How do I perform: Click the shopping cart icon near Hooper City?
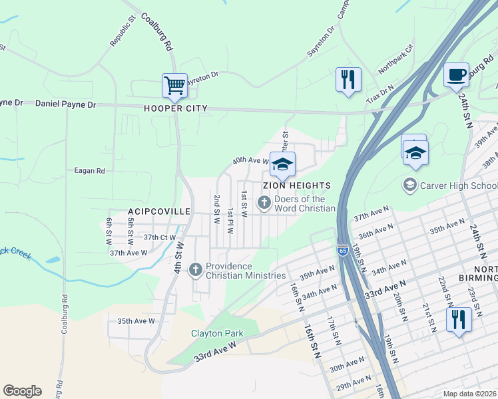174,85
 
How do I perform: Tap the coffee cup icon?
456,74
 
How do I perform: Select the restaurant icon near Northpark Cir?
348,80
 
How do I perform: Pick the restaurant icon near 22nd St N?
459,319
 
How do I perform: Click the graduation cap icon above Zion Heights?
282,164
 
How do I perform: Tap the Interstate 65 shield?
342,250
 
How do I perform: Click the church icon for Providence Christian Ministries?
195,269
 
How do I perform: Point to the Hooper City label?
175,108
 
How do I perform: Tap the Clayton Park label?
217,333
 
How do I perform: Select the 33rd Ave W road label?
215,352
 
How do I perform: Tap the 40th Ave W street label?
250,160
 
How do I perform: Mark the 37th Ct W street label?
160,237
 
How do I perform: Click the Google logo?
23,391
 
